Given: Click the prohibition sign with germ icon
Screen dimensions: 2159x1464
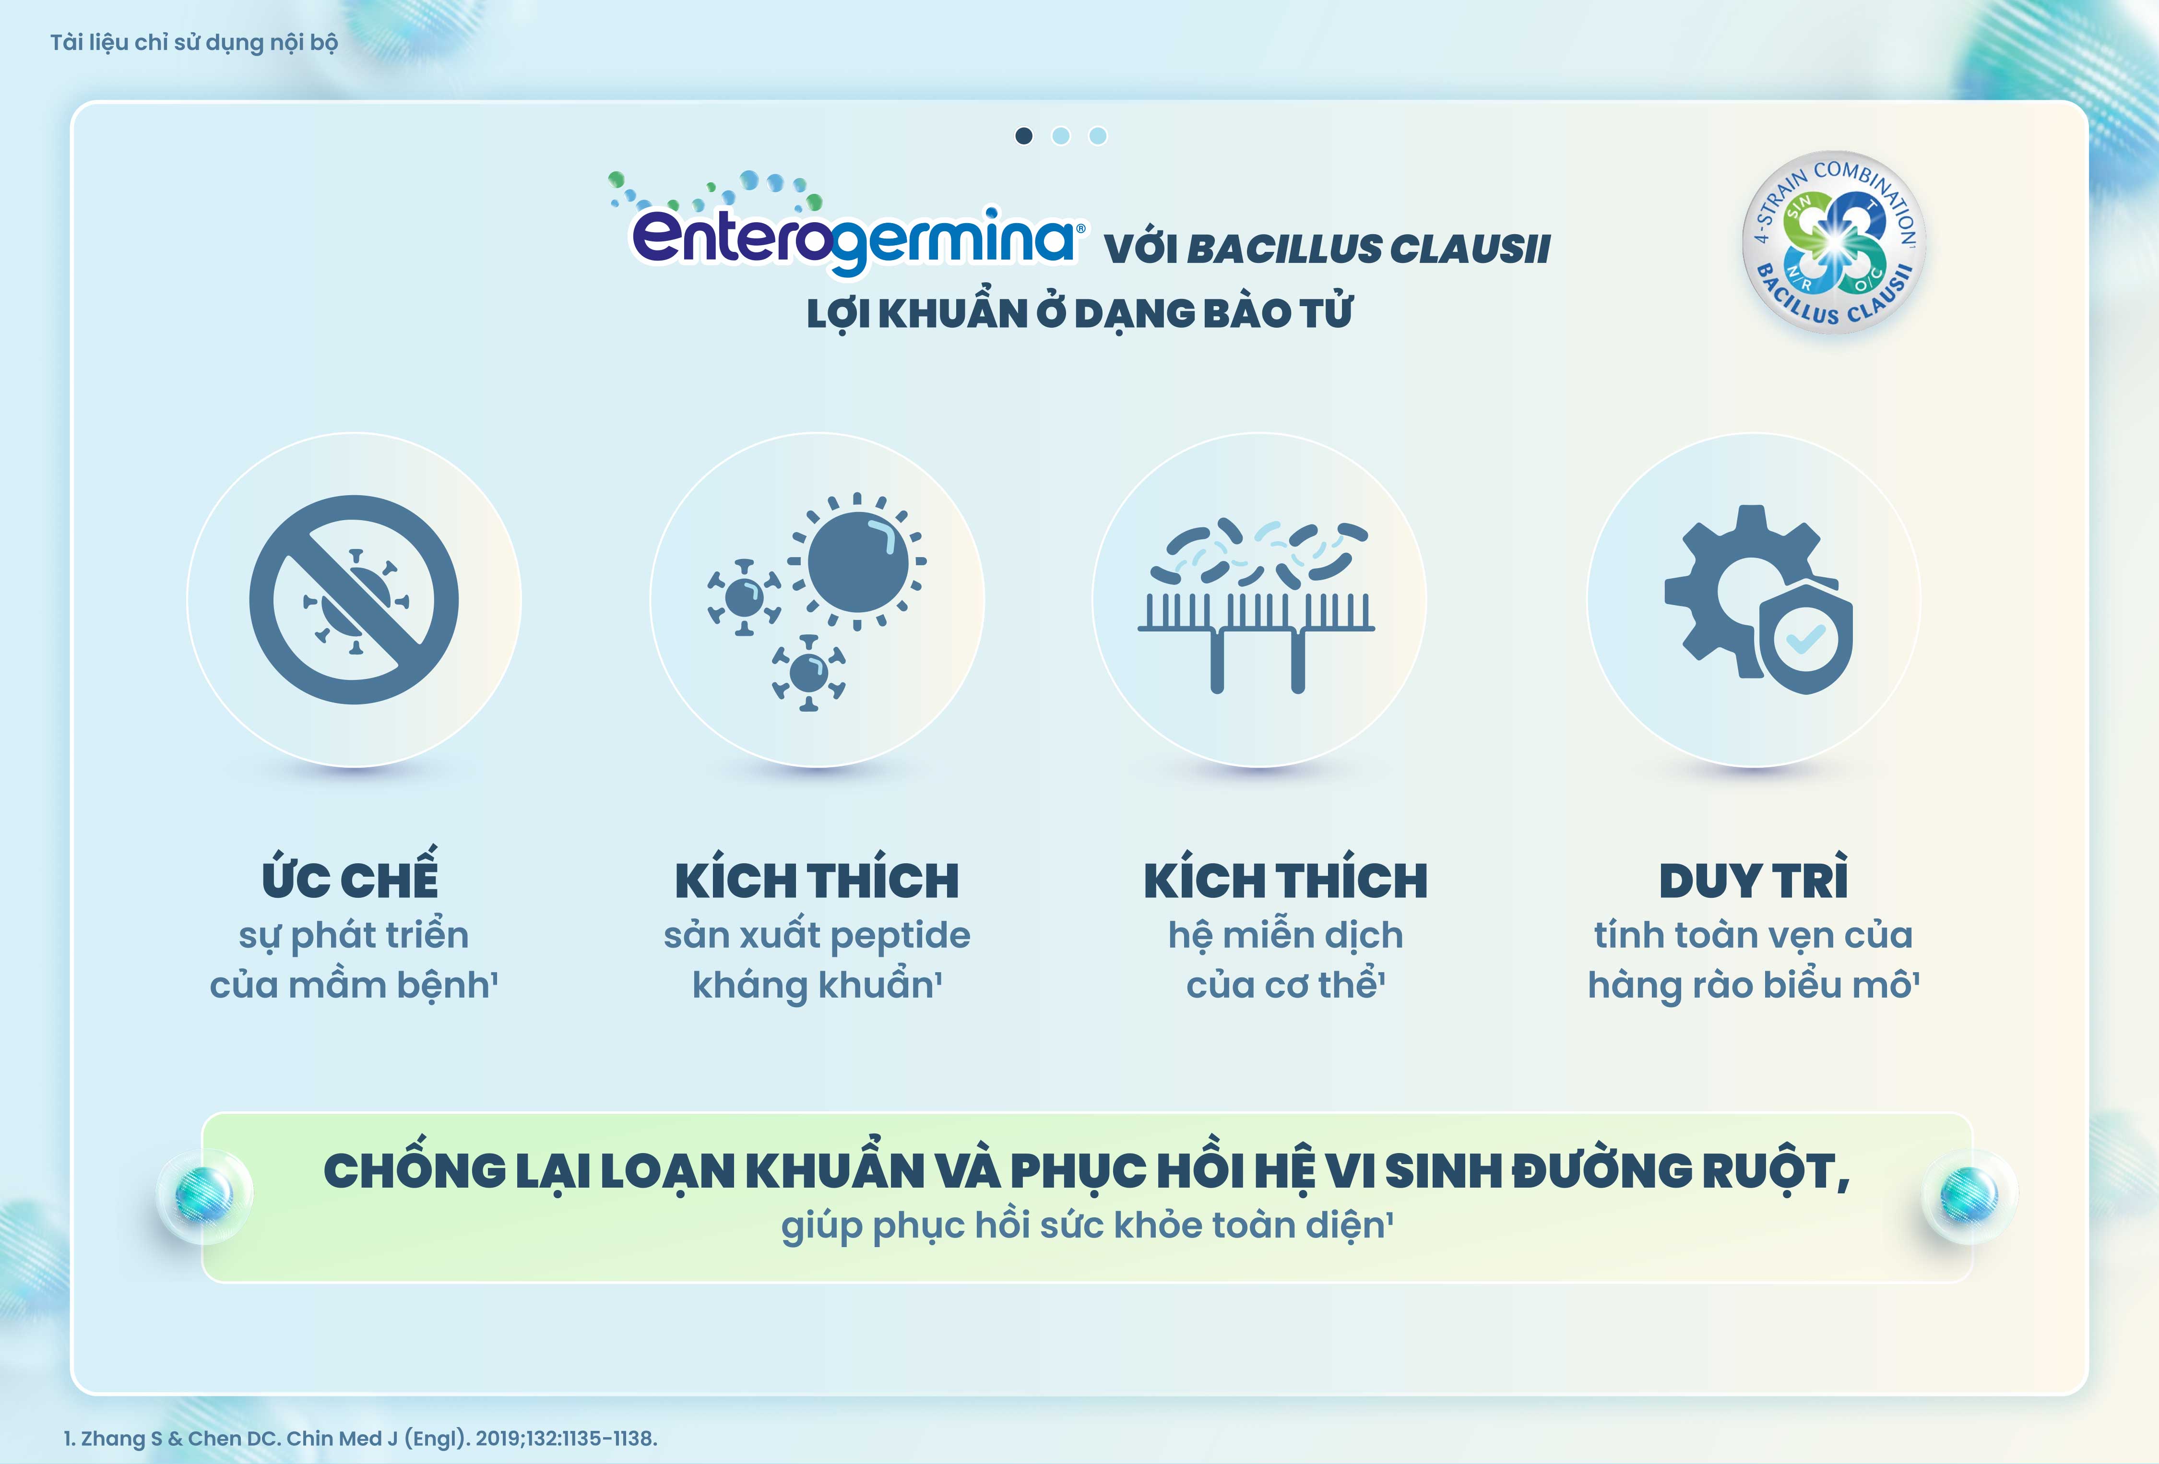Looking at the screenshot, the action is click(x=354, y=599).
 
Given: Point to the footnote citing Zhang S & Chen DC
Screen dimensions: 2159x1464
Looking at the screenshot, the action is click(x=360, y=1438).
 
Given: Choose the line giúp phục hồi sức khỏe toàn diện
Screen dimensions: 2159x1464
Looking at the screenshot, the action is click(x=1087, y=1225).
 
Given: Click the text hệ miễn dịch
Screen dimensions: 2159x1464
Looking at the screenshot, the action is click(x=1286, y=935).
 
